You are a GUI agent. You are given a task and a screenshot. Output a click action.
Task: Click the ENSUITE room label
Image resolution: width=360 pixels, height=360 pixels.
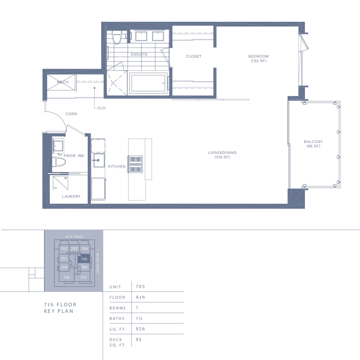tap(139, 54)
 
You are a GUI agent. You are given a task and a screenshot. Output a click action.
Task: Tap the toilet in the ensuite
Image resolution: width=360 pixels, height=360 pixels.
tap(117, 37)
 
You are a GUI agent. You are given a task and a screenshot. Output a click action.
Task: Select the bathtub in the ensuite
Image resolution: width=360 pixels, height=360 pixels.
tap(148, 83)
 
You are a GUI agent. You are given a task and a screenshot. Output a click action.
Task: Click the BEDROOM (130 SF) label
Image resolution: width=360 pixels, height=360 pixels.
tap(258, 58)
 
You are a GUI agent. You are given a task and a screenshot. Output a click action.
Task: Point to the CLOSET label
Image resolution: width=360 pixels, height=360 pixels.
tap(194, 56)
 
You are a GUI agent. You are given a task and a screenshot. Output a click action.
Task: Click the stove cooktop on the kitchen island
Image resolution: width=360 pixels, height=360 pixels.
tap(135, 164)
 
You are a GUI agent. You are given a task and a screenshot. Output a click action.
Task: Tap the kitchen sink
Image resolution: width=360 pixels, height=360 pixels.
tap(99, 160)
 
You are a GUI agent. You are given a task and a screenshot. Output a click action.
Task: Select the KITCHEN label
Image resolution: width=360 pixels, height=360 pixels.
tap(117, 167)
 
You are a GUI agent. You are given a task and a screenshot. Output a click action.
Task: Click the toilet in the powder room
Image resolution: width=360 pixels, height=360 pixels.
tap(59, 162)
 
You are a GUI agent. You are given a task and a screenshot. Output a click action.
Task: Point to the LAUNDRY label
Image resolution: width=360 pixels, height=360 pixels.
tap(71, 196)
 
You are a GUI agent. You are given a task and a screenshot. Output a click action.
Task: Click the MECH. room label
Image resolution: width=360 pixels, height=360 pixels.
tap(63, 82)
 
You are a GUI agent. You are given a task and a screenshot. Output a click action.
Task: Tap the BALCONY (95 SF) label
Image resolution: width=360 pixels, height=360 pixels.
tap(313, 144)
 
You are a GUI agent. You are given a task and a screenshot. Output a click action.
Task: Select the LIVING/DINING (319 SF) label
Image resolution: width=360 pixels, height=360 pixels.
tap(222, 155)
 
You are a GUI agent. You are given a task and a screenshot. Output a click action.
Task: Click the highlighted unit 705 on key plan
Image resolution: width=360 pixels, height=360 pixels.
tap(84, 259)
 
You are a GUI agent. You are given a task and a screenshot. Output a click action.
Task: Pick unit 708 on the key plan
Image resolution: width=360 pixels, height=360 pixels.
tap(66, 278)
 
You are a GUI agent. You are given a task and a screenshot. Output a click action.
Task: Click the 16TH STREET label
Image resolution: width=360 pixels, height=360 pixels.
tap(74, 237)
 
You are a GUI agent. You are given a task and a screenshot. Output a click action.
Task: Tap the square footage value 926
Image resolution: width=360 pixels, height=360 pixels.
tap(141, 329)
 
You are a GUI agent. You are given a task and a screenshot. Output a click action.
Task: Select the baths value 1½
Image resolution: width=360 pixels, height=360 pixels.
tap(139, 318)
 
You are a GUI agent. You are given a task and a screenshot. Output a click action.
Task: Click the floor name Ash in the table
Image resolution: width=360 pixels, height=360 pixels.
tap(141, 297)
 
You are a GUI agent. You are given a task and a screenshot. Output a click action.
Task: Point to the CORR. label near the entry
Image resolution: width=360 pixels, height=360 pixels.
tap(71, 114)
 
